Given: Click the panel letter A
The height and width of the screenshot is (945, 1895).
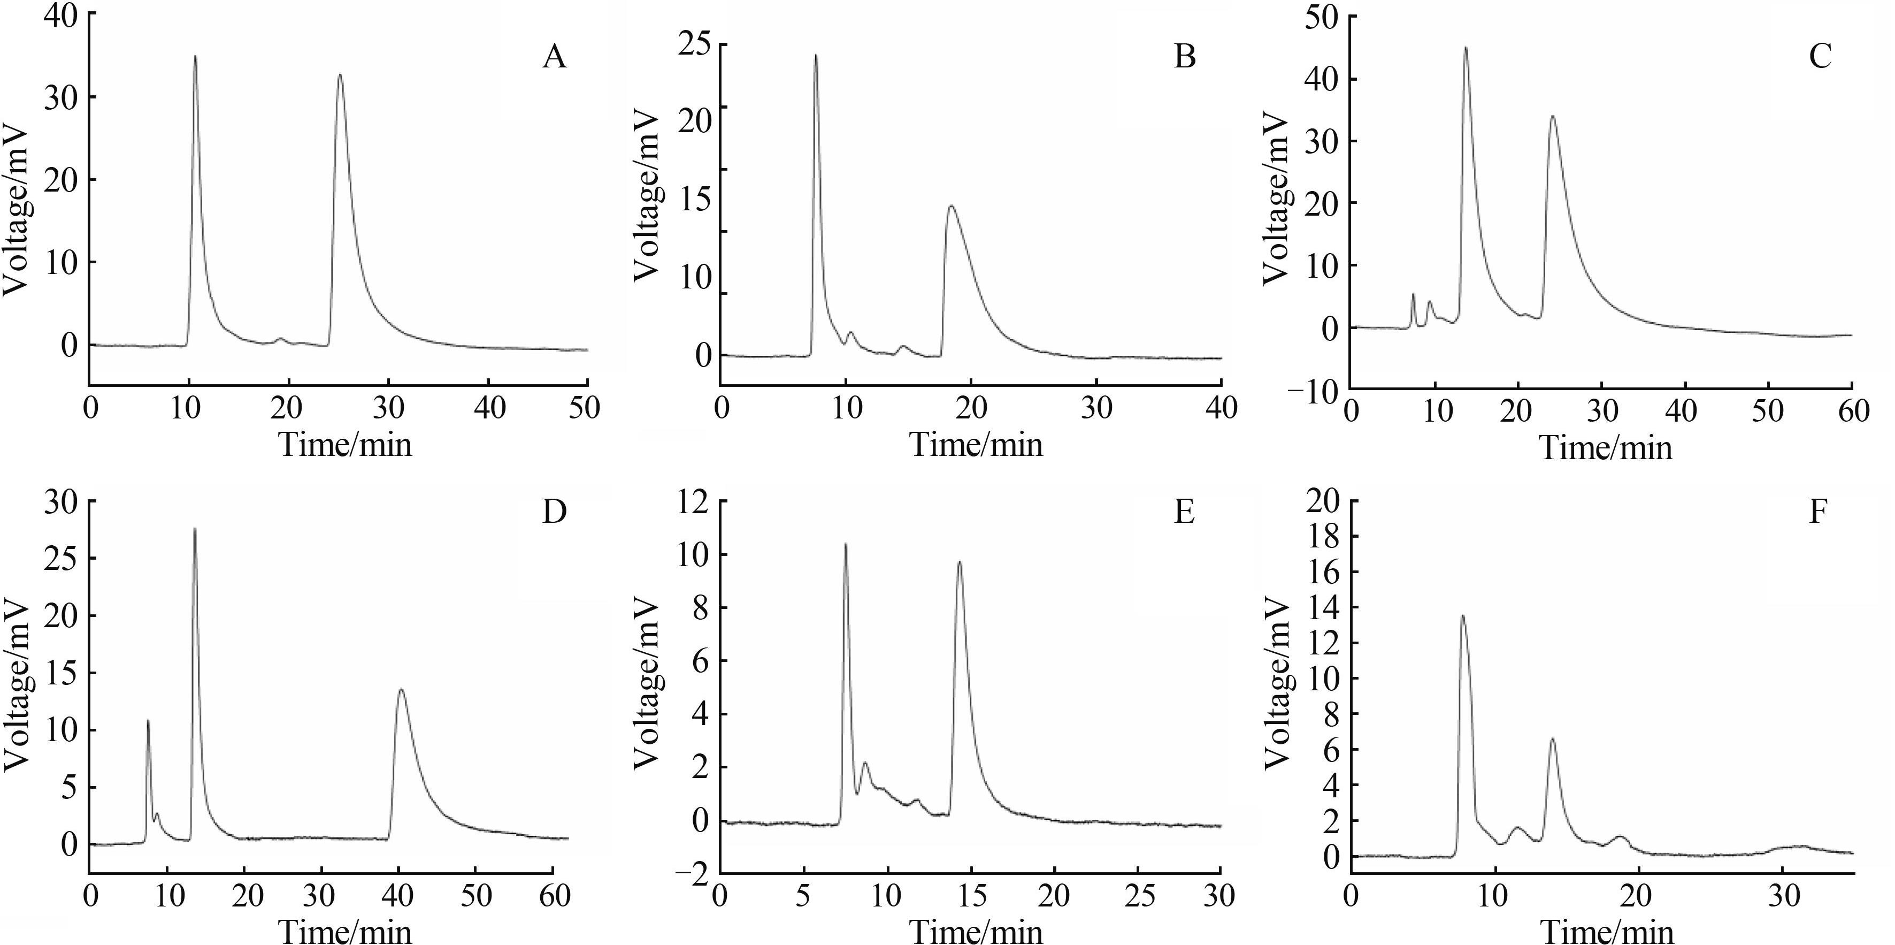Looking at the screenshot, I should (x=555, y=57).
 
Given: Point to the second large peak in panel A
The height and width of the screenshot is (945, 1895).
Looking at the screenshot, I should (x=339, y=74).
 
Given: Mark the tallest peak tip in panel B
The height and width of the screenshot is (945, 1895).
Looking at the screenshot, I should (x=815, y=55).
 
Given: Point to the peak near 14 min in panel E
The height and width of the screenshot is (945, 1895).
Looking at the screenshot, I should (x=960, y=562).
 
